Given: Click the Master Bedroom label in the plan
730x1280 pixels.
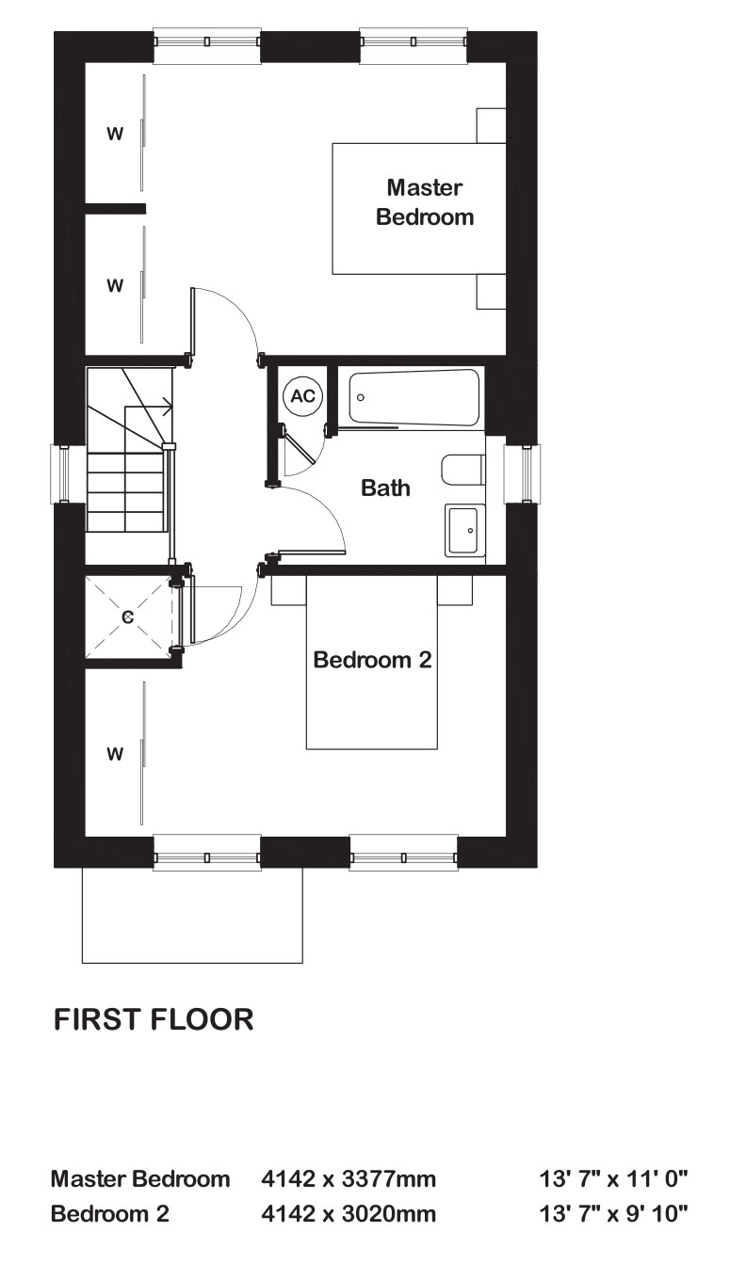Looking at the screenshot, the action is [425, 202].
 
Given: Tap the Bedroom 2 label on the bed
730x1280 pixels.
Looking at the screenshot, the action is [372, 660].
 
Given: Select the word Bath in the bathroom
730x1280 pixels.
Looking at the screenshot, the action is [385, 488].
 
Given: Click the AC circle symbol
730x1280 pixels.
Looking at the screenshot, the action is [302, 395].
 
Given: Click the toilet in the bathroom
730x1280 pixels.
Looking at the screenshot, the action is [463, 471].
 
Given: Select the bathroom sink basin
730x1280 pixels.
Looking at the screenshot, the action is [464, 530].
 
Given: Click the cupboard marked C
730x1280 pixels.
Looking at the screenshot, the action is [128, 616].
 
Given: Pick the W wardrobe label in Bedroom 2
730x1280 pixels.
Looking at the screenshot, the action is [115, 754].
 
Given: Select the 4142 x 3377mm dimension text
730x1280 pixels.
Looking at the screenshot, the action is [349, 1178].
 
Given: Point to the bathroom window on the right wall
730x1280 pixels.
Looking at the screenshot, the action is [522, 474].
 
